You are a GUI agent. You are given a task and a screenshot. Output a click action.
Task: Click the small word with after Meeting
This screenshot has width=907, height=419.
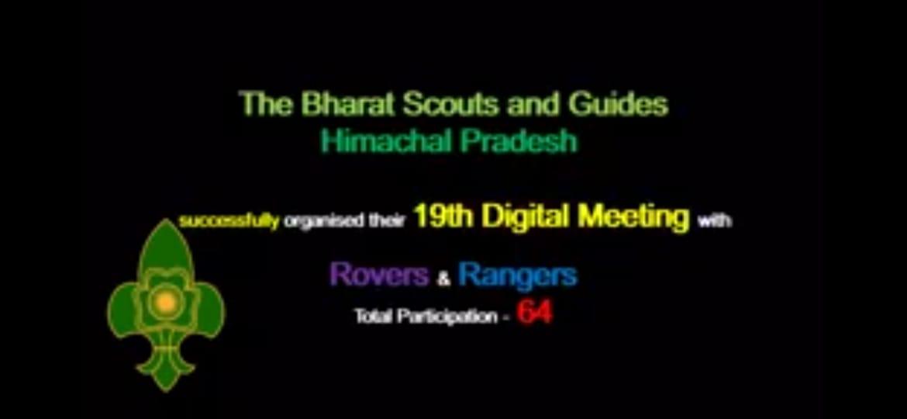pos(715,221)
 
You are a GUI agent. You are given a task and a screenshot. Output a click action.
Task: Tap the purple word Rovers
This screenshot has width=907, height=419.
pos(379,274)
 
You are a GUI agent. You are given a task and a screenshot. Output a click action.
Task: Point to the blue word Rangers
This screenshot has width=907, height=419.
pos(517,275)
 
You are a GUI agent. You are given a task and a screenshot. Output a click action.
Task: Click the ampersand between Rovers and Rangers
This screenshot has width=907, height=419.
pos(443,279)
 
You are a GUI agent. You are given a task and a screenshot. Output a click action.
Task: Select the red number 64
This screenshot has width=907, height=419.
pos(534,313)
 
